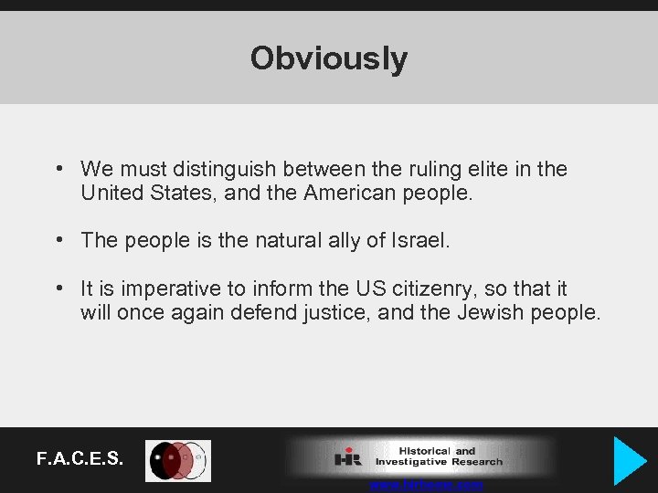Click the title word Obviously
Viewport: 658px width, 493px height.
coord(329,58)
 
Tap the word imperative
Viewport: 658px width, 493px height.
coord(166,288)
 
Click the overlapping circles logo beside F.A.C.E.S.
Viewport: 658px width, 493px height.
coord(178,461)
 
